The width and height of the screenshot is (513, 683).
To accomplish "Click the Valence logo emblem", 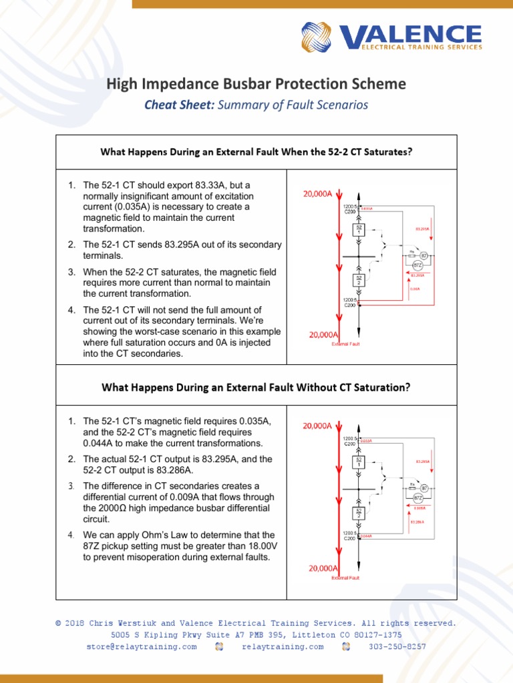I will point(318,37).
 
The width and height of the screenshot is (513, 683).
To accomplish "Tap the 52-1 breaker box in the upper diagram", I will point(359,229).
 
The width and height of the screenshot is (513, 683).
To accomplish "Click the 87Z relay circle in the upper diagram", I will point(417,265).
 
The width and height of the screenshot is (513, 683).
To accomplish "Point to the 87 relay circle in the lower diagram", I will point(423,489).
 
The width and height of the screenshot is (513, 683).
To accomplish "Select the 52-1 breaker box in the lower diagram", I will point(359,462).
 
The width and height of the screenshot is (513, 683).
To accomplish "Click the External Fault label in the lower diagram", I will point(345,578).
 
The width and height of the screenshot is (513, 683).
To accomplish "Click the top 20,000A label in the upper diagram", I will point(317,193).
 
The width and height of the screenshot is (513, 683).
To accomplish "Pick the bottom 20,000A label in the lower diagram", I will point(323,568).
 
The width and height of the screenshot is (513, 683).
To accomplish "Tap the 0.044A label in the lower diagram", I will point(365,536).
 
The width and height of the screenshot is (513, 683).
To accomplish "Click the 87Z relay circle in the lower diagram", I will point(417,498).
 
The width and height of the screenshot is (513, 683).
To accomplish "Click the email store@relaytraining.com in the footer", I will point(142,646).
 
